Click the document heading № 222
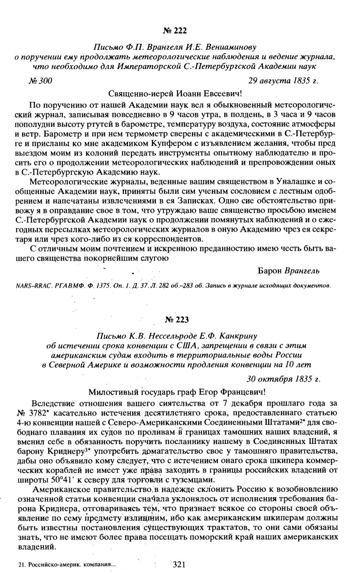click(x=176, y=31)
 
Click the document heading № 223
click(x=177, y=320)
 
